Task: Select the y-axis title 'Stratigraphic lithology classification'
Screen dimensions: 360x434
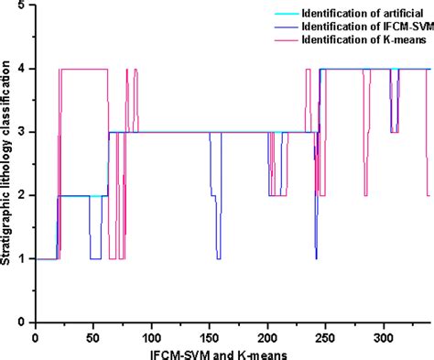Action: [7, 165]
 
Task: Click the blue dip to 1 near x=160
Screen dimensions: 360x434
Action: [218, 258]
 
